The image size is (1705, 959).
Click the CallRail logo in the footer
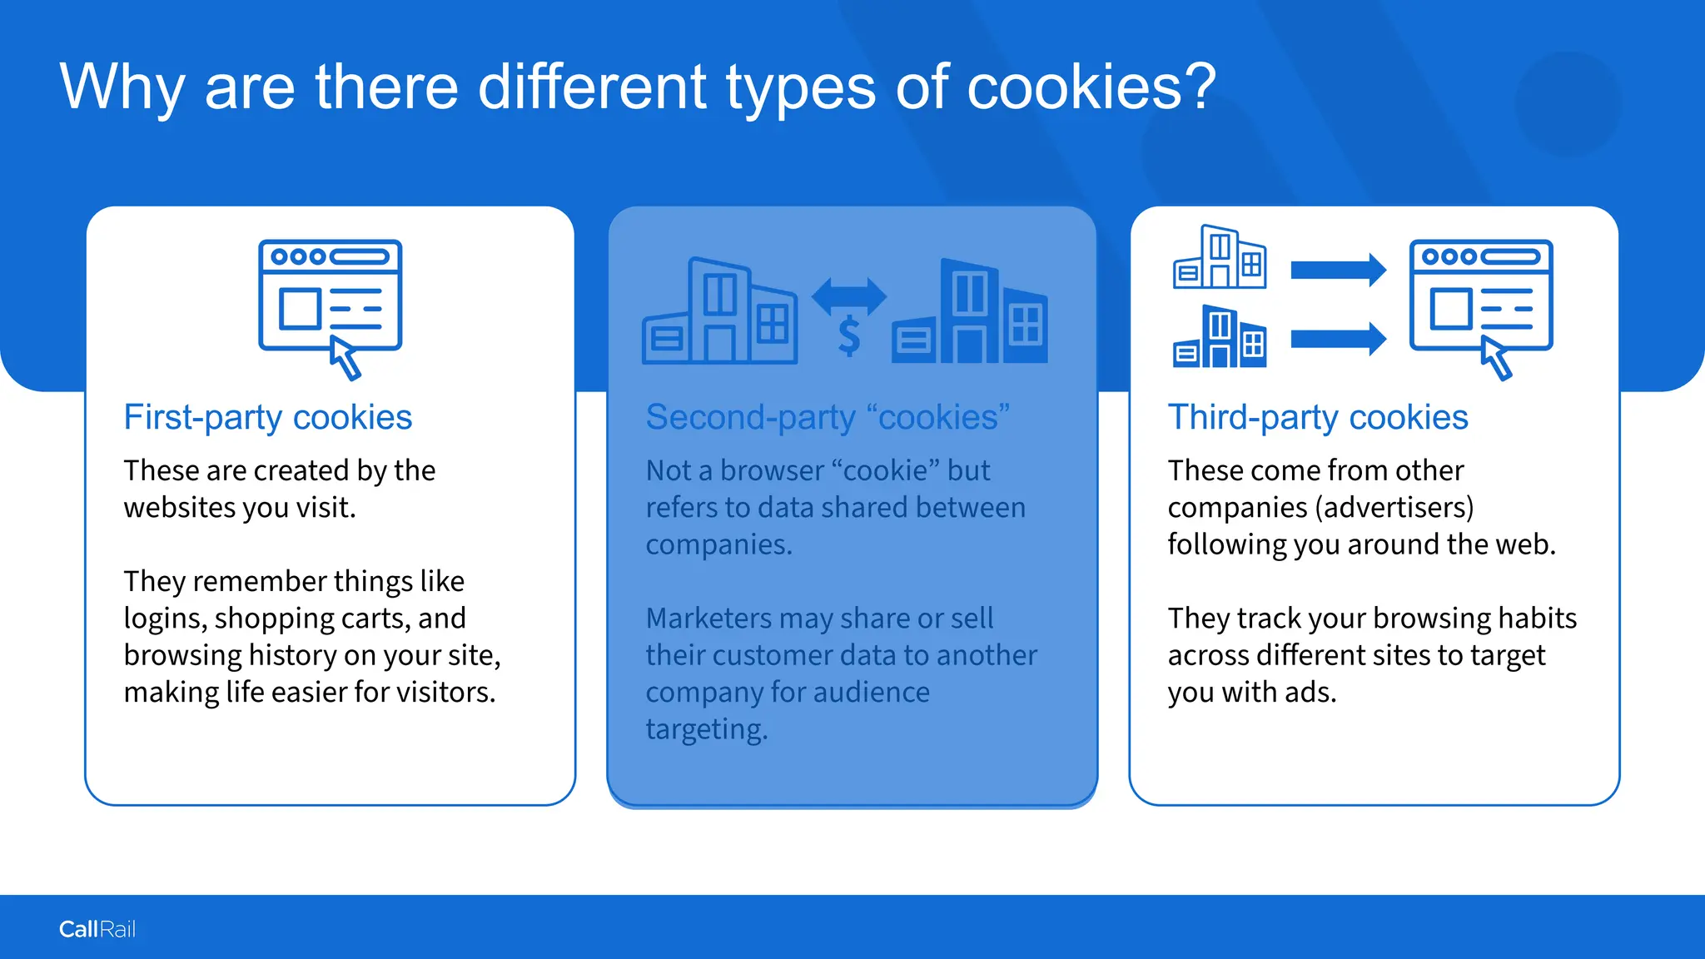[97, 929]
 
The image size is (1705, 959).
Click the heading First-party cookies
[267, 417]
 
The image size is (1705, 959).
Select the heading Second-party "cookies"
[828, 417]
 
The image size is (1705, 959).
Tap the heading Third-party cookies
[1317, 417]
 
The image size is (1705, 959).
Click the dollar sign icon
[848, 337]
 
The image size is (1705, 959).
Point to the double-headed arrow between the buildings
[848, 296]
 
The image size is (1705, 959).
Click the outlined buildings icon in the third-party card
[1220, 257]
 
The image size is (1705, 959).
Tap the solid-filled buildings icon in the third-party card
[1220, 337]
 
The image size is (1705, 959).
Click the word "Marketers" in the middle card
[708, 619]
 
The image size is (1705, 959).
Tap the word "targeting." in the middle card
[706, 729]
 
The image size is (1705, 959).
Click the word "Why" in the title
[122, 87]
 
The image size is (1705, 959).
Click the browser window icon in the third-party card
[1480, 296]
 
